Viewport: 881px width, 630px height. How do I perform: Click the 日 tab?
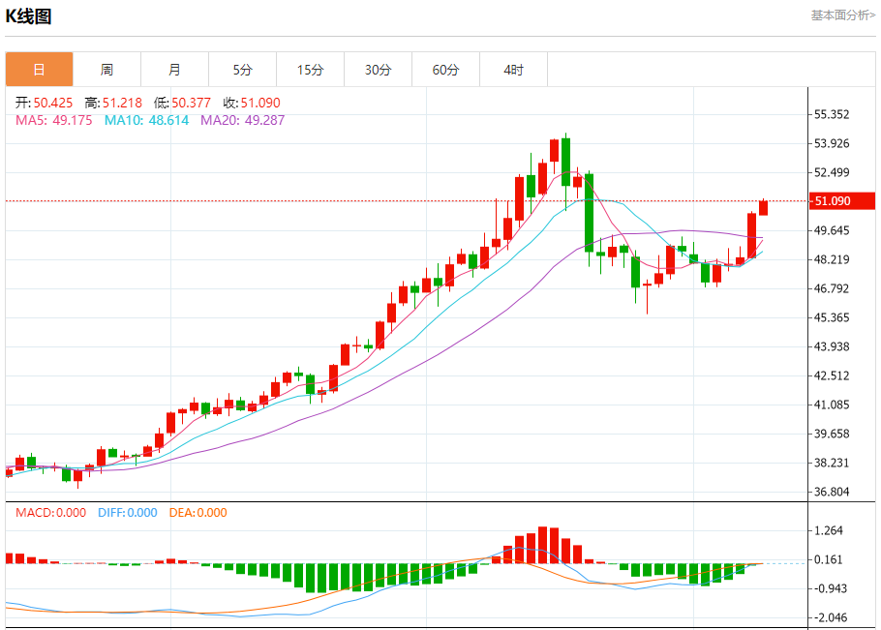(x=39, y=70)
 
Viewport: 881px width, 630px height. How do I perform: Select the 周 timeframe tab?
(x=106, y=70)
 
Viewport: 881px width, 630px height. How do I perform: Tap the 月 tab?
(x=174, y=70)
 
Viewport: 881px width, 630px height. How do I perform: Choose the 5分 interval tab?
(x=242, y=70)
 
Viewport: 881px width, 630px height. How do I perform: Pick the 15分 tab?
(x=310, y=70)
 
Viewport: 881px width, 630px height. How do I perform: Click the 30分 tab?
(x=378, y=70)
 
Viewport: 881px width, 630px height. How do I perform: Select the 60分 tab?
(x=445, y=70)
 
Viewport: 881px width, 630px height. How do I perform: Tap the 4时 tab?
(x=513, y=70)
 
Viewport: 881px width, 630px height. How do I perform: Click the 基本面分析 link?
(x=842, y=15)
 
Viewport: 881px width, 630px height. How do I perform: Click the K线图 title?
(x=29, y=16)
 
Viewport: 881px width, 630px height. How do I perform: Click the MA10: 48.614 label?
(x=146, y=121)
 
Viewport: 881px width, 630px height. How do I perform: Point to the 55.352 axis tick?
(x=832, y=114)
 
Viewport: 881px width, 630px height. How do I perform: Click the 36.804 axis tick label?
(x=832, y=492)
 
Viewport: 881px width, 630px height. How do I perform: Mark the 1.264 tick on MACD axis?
(x=829, y=530)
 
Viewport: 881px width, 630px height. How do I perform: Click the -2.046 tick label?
(x=829, y=617)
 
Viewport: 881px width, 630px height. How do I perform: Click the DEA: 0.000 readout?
(x=197, y=513)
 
